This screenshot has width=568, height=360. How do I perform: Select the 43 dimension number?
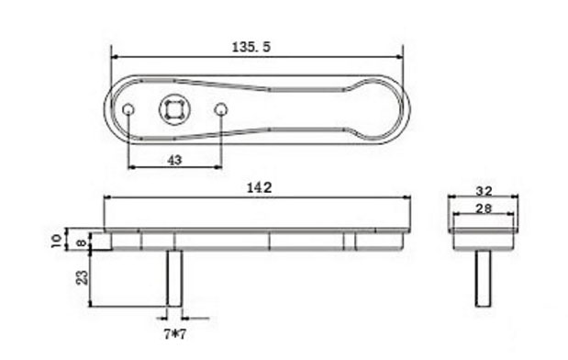click(174, 159)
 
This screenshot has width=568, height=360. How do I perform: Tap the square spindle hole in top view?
click(173, 109)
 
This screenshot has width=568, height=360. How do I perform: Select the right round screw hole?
click(220, 109)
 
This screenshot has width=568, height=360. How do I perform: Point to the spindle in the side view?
click(174, 280)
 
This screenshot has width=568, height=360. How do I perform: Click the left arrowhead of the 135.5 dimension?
click(115, 54)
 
